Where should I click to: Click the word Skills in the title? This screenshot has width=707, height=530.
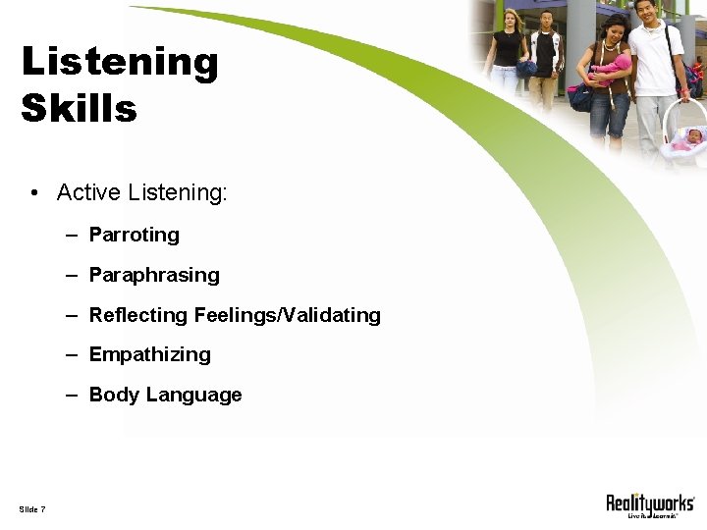pos(79,108)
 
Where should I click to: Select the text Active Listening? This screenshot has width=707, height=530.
pos(142,192)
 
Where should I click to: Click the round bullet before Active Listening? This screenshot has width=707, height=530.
pos(34,193)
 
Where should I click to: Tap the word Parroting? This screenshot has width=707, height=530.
pos(135,235)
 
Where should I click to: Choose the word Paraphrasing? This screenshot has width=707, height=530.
pos(154,275)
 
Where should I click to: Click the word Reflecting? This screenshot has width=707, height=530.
pos(138,315)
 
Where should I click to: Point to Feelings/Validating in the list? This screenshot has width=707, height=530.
pos(288,315)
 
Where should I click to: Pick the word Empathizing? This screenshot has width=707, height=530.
pos(149,354)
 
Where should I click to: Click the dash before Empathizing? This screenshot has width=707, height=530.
pos(73,354)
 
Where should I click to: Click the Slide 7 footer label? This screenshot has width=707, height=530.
pos(31,508)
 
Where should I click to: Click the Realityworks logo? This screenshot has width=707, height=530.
pos(650,504)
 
